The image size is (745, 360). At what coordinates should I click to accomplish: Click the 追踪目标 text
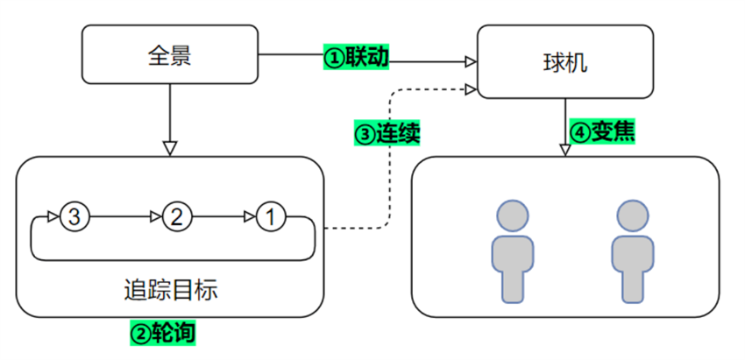click(x=171, y=289)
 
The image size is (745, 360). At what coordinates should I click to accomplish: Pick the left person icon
click(x=513, y=250)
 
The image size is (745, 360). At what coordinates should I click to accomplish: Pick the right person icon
click(x=631, y=250)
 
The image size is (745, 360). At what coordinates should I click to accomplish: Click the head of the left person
click(x=513, y=215)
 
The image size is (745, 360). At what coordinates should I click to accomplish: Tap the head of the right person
click(x=631, y=215)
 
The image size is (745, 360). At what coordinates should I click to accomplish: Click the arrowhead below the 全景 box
click(x=170, y=146)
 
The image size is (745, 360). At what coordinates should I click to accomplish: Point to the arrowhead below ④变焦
click(x=565, y=150)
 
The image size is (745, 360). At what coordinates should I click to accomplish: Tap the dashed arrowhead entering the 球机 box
click(x=470, y=88)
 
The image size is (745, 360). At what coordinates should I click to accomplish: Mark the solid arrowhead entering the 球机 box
click(x=470, y=60)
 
